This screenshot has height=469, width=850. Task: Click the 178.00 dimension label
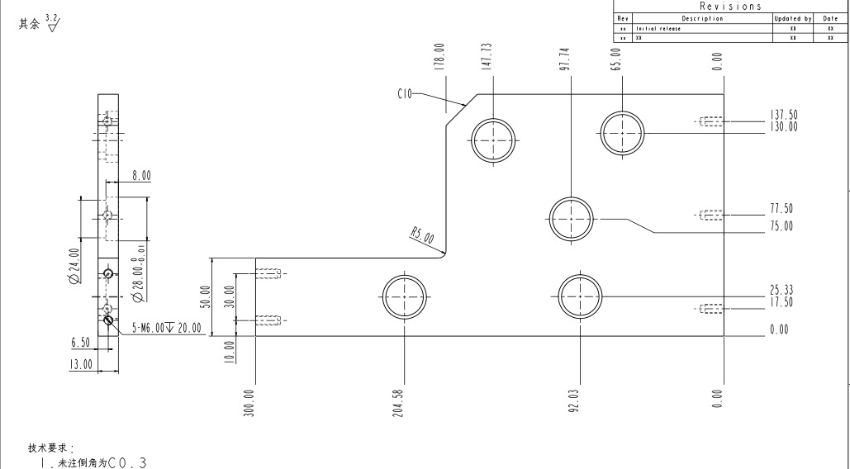(x=440, y=55)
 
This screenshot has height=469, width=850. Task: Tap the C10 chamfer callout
(x=405, y=94)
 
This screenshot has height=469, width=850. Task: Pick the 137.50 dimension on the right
(x=783, y=115)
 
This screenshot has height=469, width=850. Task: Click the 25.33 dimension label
(x=781, y=289)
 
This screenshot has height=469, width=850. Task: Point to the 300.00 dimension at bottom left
(x=249, y=403)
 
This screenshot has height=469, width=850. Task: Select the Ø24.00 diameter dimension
(x=75, y=266)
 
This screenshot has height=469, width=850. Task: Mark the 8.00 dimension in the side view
(x=141, y=176)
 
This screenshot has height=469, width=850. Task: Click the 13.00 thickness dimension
(x=81, y=366)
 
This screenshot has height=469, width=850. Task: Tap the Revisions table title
(x=729, y=6)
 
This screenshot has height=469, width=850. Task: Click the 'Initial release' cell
(x=658, y=28)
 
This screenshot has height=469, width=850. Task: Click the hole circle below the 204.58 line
(x=405, y=296)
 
